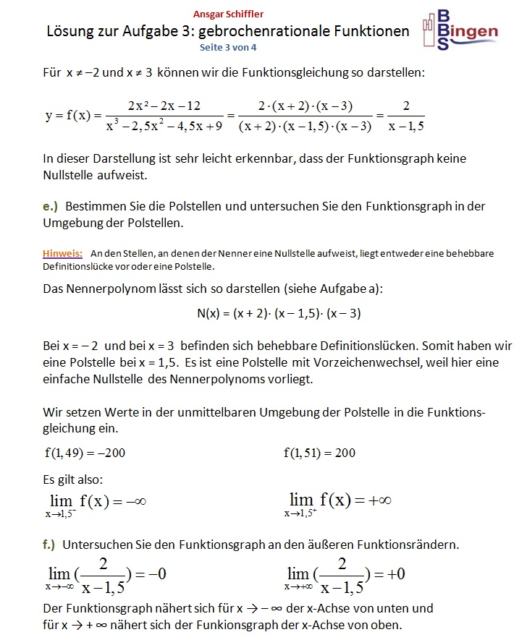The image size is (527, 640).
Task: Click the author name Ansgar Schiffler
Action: pyautogui.click(x=229, y=14)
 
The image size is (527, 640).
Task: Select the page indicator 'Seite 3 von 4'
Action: pyautogui.click(x=228, y=47)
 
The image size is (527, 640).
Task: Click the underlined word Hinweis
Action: pyautogui.click(x=62, y=254)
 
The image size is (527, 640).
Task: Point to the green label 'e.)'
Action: pyautogui.click(x=50, y=207)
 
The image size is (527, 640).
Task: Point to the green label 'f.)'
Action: pyautogui.click(x=50, y=544)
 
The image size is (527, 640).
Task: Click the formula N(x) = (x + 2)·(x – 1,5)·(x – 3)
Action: pyautogui.click(x=279, y=313)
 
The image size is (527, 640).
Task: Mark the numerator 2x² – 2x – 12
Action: pyautogui.click(x=164, y=106)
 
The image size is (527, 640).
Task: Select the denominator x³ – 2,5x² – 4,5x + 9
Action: pyautogui.click(x=164, y=126)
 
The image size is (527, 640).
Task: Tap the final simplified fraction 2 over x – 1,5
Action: pyautogui.click(x=406, y=116)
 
